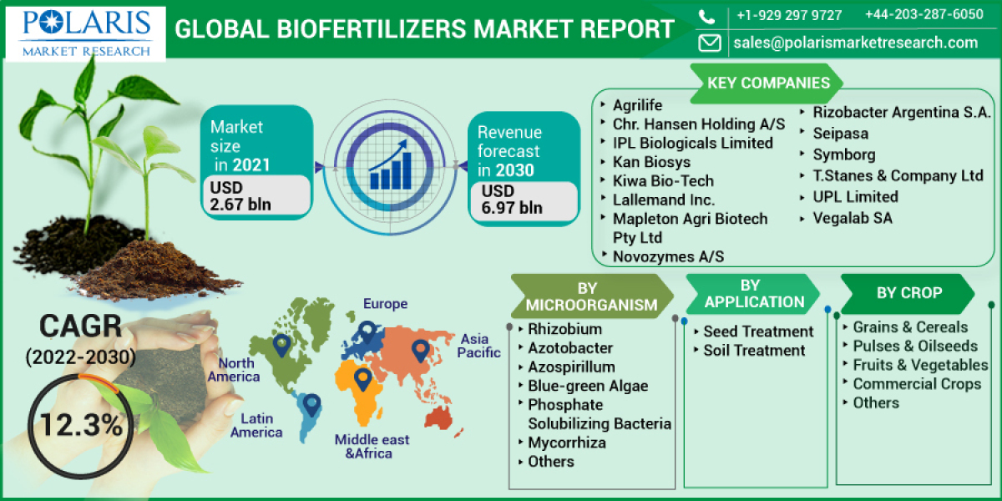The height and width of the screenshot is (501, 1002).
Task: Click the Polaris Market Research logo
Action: (87, 31)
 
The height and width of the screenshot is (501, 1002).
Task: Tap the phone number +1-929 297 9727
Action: (788, 15)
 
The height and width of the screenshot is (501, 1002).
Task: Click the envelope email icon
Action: (710, 43)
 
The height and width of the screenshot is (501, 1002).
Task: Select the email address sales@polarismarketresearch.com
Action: (855, 43)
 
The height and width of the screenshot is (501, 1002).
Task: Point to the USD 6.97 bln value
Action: (512, 200)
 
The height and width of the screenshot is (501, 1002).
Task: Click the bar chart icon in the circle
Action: (389, 165)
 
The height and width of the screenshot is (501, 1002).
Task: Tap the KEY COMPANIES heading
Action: (768, 83)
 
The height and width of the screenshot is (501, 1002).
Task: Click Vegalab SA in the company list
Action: (853, 218)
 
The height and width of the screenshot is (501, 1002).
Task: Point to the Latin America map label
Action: (256, 425)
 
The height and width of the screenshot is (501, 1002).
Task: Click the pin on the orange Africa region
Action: (362, 380)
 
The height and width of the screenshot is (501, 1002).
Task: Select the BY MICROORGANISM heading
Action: (591, 296)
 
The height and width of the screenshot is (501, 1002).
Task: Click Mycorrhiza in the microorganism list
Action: (567, 443)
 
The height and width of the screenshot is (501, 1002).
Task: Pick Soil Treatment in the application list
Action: (754, 351)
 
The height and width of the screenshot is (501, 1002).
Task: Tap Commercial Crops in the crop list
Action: (917, 384)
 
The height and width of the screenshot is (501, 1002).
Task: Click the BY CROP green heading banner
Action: (908, 293)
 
